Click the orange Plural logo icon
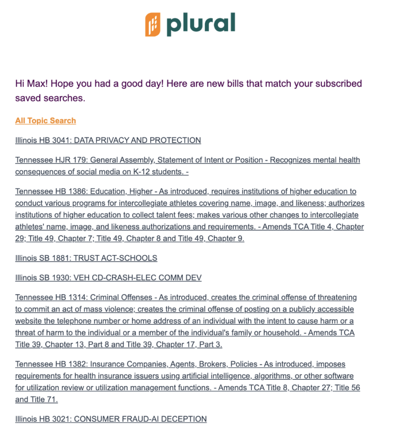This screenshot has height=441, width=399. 153,25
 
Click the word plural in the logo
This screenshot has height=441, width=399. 201,24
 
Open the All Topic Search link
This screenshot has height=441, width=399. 46,121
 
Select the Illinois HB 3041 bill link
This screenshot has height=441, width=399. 108,140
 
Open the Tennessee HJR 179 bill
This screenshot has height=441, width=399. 187,160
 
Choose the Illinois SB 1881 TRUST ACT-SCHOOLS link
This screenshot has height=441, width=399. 86,258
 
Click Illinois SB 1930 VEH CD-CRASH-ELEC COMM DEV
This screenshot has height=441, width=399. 108,278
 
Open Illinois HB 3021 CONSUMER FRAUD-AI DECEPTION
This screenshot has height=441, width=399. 111,419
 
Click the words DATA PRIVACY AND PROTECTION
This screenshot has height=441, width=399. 137,140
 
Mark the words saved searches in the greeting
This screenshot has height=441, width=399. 50,98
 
